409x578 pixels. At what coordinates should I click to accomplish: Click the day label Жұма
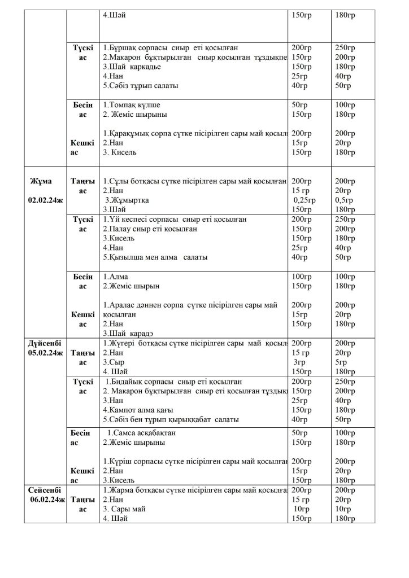(41, 181)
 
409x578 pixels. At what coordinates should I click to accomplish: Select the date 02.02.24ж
(43, 200)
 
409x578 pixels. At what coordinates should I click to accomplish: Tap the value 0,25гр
(304, 200)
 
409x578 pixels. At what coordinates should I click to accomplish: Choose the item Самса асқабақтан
(142, 432)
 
